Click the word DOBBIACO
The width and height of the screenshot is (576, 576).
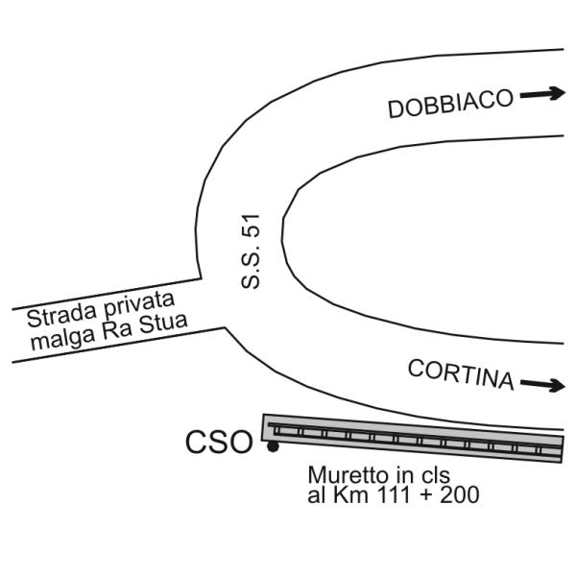pos(451,104)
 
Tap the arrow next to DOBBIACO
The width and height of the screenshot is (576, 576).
pos(542,94)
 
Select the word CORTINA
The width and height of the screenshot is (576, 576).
pos(461,374)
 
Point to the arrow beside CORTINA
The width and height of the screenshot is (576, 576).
pos(542,384)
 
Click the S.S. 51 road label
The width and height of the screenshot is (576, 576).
pos(251,252)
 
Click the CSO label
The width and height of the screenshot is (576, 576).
pos(219,442)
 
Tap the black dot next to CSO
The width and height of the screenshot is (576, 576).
pos(273,446)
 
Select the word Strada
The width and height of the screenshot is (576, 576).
pos(62,316)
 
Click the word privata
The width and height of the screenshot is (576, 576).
pos(139,305)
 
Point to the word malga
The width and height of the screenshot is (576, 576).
pos(63,339)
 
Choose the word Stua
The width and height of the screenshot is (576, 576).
pos(163,324)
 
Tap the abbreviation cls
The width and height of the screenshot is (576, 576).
pos(436,474)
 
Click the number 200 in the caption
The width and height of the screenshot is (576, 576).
pos(460,494)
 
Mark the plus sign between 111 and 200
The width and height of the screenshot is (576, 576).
pos(425,494)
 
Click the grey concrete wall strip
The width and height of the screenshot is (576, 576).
pos(412,439)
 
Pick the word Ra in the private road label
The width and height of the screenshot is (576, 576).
pos(117,330)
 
